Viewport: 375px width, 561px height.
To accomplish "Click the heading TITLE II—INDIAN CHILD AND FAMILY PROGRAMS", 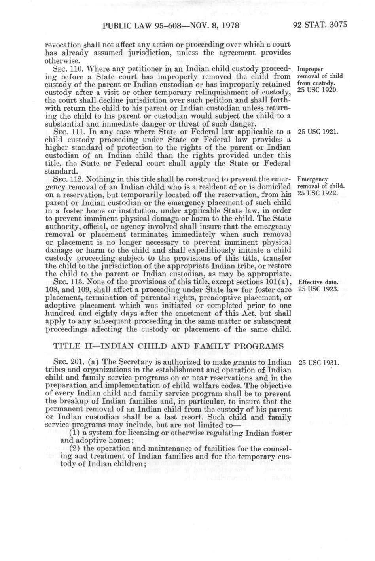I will pyautogui.click(x=168, y=346).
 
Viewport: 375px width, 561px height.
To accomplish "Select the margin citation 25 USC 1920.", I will pyautogui.click(x=316, y=90).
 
